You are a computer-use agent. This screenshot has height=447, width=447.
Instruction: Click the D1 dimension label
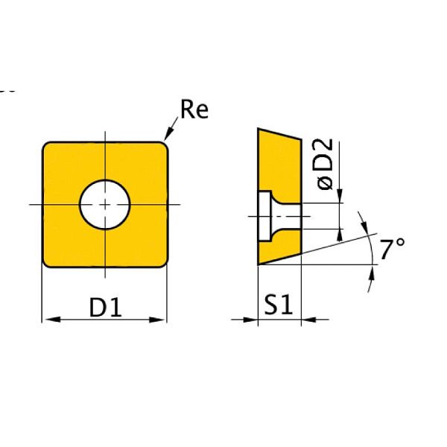(x=105, y=306)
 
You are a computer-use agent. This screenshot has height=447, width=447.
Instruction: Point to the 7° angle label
(x=390, y=250)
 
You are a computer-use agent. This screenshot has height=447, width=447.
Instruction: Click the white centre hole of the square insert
(x=105, y=204)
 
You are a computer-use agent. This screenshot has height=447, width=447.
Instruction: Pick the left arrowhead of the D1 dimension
(x=48, y=320)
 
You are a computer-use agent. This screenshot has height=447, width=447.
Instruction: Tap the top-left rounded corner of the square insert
(x=47, y=147)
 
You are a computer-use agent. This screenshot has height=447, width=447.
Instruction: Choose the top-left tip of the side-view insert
(x=259, y=129)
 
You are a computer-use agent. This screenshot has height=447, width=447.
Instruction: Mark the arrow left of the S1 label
(x=252, y=320)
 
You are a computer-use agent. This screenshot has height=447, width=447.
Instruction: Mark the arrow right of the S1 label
(x=307, y=320)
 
